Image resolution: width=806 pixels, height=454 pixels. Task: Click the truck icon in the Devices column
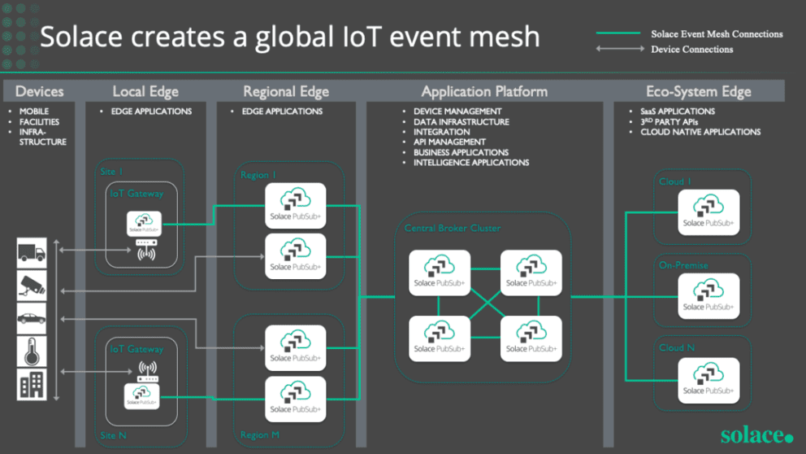coord(32,253)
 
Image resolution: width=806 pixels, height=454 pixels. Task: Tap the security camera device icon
coord(32,286)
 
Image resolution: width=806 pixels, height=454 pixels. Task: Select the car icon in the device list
coord(32,319)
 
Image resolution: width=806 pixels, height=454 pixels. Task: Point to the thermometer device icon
coord(32,351)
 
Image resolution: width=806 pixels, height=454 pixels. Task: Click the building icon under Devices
coord(32,384)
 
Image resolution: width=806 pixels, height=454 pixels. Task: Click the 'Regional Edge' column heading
coord(286,91)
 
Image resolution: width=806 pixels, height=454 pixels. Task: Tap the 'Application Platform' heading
coord(484,91)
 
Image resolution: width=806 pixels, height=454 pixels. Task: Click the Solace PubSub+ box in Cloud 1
coord(708,212)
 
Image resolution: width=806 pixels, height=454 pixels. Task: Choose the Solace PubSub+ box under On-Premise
coord(708,296)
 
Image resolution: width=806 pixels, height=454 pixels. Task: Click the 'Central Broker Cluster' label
coord(453,229)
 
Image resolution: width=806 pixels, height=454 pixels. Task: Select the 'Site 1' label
coord(111,172)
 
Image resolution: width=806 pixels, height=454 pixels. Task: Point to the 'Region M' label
coord(259,435)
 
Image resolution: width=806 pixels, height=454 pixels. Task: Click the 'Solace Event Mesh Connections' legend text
coord(717,34)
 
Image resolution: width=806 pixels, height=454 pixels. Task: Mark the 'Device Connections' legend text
coord(691,50)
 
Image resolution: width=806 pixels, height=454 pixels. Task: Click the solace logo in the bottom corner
coord(756,435)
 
